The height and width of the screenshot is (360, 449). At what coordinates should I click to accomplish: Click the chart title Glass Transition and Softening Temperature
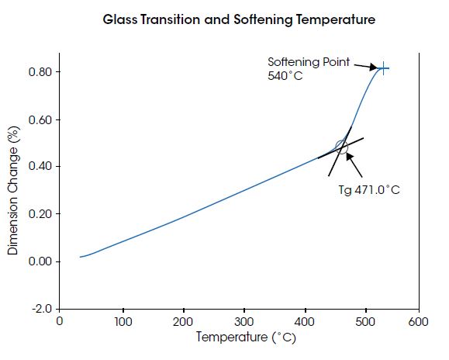point(239,19)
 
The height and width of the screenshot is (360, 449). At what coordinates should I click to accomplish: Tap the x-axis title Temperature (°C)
point(246,337)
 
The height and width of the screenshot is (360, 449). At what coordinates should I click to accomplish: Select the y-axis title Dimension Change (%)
point(13,190)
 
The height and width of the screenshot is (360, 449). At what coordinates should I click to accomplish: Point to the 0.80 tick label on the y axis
point(40,72)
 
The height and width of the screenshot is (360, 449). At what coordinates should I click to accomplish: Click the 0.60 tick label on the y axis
point(40,119)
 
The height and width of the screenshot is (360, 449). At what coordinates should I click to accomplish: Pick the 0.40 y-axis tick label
point(40,166)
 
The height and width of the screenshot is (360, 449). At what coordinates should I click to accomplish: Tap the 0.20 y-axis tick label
point(40,214)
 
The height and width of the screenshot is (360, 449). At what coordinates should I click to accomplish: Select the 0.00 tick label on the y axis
point(40,261)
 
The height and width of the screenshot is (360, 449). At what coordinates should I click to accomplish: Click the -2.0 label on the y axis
point(43,309)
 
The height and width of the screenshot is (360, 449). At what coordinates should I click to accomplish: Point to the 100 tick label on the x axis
point(123,322)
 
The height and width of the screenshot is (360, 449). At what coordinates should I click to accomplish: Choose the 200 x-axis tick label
point(183,322)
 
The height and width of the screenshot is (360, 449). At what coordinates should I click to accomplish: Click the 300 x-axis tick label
point(244,322)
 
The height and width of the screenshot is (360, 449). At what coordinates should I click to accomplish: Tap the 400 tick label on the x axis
point(305,322)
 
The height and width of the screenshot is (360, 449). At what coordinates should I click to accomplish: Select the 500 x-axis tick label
point(365,322)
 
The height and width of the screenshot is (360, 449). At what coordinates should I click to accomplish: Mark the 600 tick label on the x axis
point(418,322)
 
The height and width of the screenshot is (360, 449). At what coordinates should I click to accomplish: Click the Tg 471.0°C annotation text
point(369,190)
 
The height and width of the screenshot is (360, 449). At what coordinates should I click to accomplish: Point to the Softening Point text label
point(309,62)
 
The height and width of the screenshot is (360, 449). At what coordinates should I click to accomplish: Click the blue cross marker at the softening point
point(383,68)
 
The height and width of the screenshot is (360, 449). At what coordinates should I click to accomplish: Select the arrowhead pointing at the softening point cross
point(373,67)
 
